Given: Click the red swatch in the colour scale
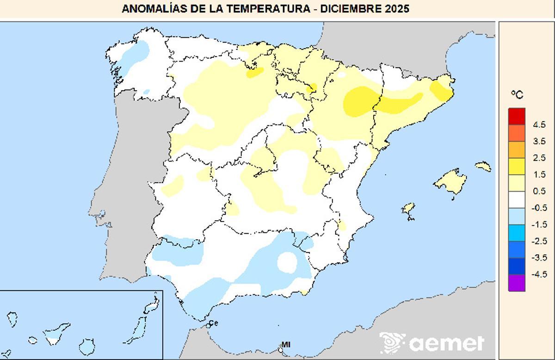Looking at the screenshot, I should pos(517,116).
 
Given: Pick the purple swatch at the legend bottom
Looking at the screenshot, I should pos(517,283).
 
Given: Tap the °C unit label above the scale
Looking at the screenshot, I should pos(517,94).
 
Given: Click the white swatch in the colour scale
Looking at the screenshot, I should pos(517,199).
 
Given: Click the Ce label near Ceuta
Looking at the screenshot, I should pos(213,323).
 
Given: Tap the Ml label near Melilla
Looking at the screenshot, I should pos(286,344).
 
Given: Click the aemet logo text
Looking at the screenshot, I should pos(446,343).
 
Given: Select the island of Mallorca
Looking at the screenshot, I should pos(450,181).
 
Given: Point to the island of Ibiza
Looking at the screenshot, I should pos(408,209).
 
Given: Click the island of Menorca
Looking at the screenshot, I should pos(483,166).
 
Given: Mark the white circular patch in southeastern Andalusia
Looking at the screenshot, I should pos(287,261).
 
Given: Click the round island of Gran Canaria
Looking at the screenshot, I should pos(86,346).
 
